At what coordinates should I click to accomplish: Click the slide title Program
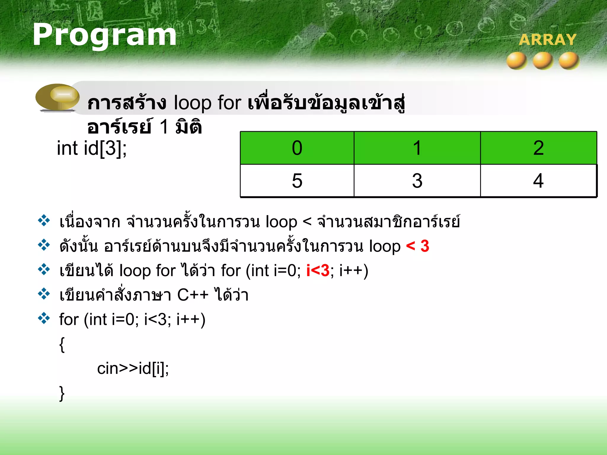(104, 36)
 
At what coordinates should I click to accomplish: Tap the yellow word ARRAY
(547, 40)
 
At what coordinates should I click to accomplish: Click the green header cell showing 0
(297, 148)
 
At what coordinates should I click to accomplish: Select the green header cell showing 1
(417, 148)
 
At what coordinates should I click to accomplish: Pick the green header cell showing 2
(538, 148)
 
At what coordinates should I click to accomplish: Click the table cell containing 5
(297, 181)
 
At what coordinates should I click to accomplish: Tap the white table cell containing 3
(417, 181)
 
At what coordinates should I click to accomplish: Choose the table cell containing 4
(538, 181)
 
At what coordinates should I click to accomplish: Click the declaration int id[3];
(92, 148)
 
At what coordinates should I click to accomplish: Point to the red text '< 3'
(417, 246)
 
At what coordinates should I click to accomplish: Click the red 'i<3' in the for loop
(318, 270)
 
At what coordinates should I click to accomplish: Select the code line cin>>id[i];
(133, 369)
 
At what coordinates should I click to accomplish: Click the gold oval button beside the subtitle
(57, 97)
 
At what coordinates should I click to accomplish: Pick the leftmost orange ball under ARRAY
(517, 60)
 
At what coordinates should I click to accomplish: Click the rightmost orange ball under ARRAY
(569, 60)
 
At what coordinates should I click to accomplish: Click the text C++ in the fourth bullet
(193, 295)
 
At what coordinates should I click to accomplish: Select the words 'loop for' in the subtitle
(207, 103)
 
